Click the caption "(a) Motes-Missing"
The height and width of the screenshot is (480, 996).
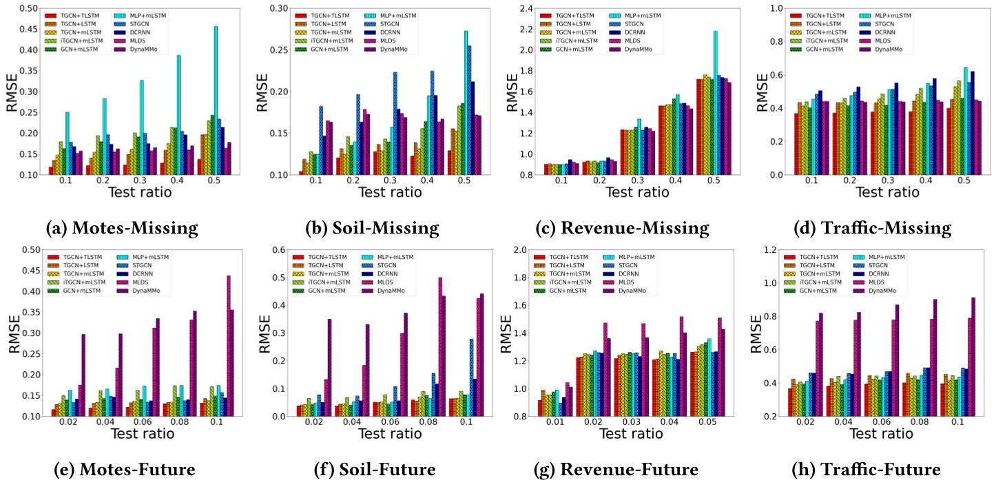[125, 228]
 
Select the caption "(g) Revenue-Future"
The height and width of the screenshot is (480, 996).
[616, 469]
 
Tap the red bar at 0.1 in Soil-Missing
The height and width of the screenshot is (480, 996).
[301, 173]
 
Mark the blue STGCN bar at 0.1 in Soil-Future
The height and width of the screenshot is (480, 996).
[472, 377]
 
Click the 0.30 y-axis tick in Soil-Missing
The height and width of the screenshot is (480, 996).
[275, 9]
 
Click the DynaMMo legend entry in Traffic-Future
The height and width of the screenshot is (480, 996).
[910, 291]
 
